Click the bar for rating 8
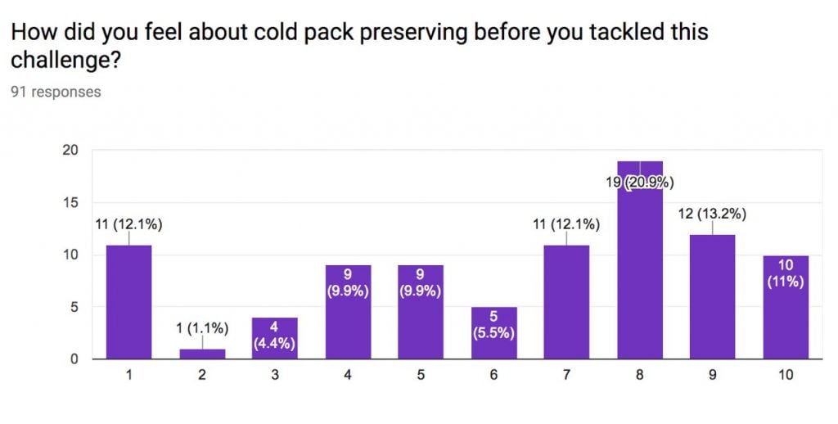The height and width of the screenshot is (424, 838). pyautogui.click(x=640, y=259)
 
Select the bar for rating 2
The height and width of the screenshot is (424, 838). pyautogui.click(x=202, y=354)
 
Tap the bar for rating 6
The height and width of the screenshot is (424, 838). pyautogui.click(x=493, y=332)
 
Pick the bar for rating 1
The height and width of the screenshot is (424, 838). pyautogui.click(x=128, y=301)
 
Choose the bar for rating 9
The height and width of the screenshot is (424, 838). pyautogui.click(x=713, y=296)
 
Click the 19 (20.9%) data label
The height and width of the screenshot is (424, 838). pyautogui.click(x=640, y=183)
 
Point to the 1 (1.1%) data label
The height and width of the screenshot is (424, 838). pyautogui.click(x=202, y=328)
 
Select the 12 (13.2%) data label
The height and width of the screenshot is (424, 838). pyautogui.click(x=713, y=214)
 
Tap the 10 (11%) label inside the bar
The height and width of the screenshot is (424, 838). pyautogui.click(x=786, y=273)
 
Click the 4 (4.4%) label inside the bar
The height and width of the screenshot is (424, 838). pyautogui.click(x=274, y=335)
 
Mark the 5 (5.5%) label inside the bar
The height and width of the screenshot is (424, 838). pyautogui.click(x=493, y=325)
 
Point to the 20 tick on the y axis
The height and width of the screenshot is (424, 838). pyautogui.click(x=71, y=151)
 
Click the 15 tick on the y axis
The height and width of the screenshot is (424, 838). pyautogui.click(x=71, y=203)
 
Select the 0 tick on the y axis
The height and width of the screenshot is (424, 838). pyautogui.click(x=74, y=359)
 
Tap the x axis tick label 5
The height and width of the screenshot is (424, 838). pyautogui.click(x=421, y=375)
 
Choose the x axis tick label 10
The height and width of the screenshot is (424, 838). pyautogui.click(x=786, y=375)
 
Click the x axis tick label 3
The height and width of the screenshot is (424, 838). pyautogui.click(x=275, y=375)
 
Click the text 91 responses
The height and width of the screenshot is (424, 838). pyautogui.click(x=56, y=92)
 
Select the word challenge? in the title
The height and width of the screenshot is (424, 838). pyautogui.click(x=65, y=61)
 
